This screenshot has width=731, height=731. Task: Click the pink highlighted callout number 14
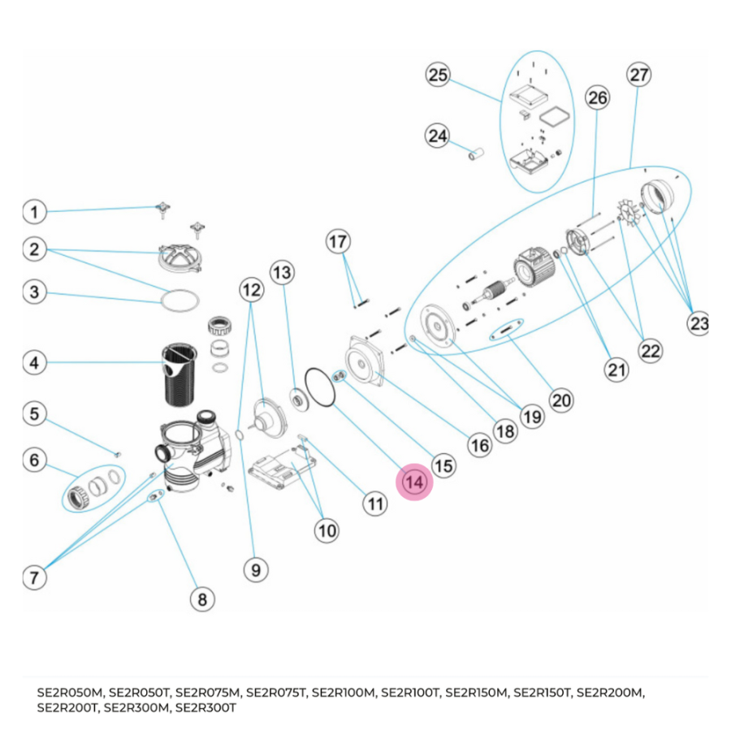tap(414, 482)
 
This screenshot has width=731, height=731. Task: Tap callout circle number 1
tap(34, 213)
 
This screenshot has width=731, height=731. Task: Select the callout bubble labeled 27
tap(639, 75)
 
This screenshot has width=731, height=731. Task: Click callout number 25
tap(439, 76)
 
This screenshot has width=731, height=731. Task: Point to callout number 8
tap(202, 599)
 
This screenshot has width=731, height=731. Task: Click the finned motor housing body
tap(531, 268)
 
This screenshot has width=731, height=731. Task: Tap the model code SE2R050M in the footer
tap(71, 693)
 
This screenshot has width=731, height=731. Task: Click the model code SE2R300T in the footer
tap(206, 707)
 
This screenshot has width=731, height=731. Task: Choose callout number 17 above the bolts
tap(338, 241)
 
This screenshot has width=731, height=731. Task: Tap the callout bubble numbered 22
tap(650, 351)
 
